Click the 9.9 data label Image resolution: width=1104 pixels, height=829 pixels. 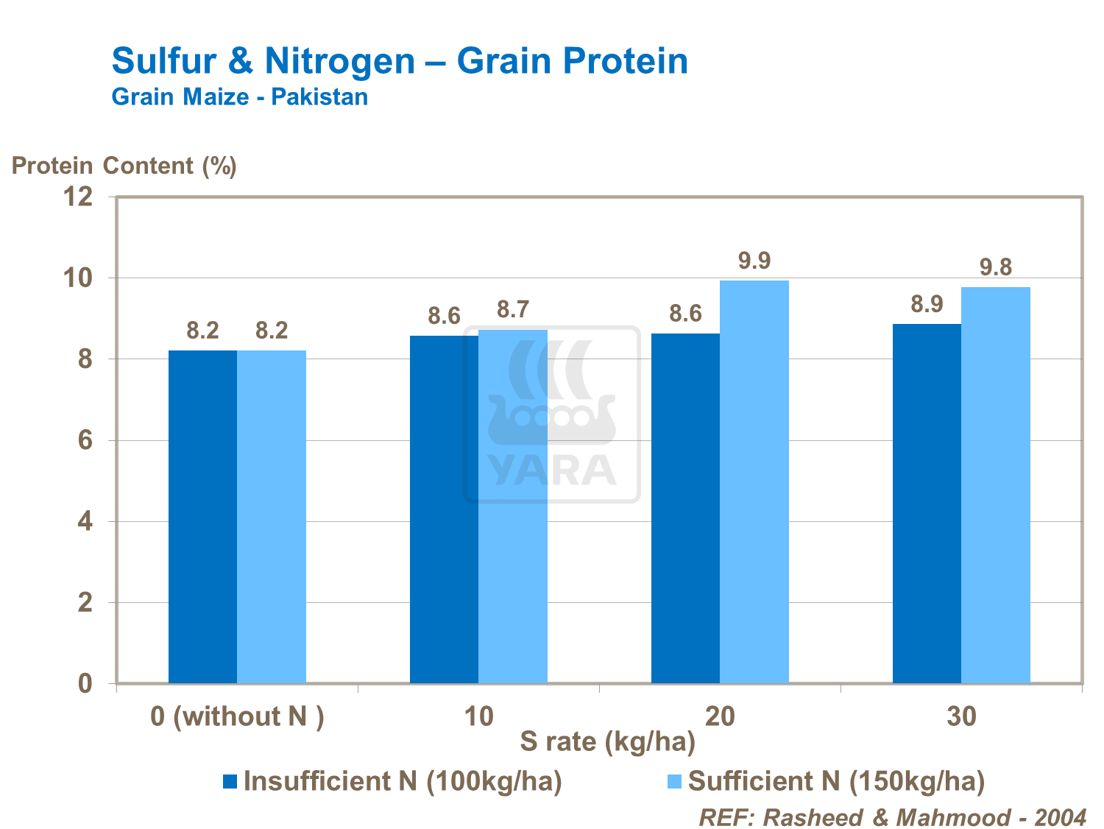point(754,261)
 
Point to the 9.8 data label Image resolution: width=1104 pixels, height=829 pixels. point(996,267)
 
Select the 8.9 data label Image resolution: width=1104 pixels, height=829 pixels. point(927,304)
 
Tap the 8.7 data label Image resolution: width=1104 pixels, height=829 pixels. point(513,310)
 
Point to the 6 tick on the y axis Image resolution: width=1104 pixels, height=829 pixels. point(85,440)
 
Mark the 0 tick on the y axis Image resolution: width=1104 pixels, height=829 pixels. point(85,684)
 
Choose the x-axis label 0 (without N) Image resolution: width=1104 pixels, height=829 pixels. point(237,716)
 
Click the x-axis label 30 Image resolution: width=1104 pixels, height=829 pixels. point(961,716)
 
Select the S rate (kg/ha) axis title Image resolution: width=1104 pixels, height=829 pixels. point(607,742)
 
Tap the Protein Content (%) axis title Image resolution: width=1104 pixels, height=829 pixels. point(124,166)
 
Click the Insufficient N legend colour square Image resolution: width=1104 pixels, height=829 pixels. point(230,782)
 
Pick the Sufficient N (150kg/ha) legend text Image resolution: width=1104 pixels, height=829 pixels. point(836,781)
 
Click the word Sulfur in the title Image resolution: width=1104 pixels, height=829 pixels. point(164,60)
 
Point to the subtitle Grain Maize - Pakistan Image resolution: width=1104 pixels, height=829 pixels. point(239,97)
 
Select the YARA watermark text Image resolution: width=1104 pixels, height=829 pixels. point(552,470)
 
